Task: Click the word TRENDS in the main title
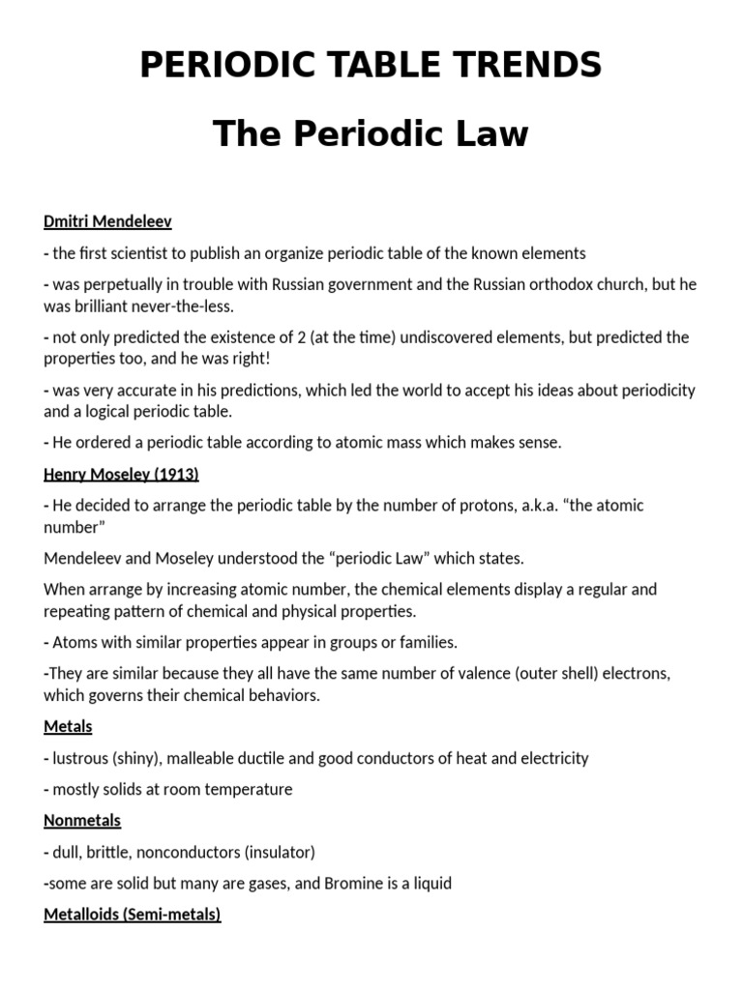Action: pos(521,65)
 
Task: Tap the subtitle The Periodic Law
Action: pos(371,133)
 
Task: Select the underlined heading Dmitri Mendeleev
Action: pos(107,221)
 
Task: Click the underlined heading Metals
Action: pos(68,726)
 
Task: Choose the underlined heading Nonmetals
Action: pos(82,820)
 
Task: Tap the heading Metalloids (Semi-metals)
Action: pos(133,914)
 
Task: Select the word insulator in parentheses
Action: pos(280,852)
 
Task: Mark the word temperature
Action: pos(243,789)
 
